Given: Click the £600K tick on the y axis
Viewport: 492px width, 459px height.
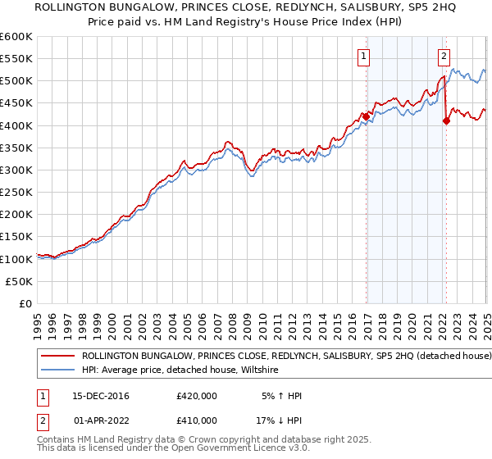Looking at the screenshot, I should [16, 37].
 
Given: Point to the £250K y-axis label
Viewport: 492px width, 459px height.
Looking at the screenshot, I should [16, 192].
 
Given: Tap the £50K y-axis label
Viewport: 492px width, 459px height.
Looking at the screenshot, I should [19, 281].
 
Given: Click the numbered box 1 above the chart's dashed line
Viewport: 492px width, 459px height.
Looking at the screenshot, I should [363, 57].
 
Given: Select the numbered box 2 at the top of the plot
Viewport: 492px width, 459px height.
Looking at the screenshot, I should [444, 57].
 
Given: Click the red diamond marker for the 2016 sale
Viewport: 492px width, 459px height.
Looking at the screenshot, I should [366, 116].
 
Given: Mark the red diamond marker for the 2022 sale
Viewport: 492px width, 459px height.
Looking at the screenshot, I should [446, 121].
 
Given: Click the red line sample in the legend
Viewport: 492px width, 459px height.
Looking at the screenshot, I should [57, 357].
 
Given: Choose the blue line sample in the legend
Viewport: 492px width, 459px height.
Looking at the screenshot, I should [57, 370].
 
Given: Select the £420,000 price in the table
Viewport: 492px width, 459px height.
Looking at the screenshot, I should [197, 396].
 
